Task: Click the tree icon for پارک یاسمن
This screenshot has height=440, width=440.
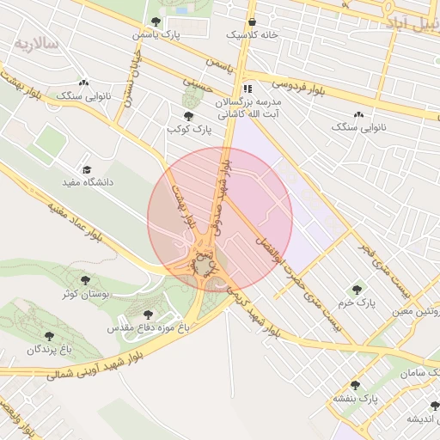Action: coord(156,21)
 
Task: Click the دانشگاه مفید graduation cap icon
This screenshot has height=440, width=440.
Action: coord(86,170)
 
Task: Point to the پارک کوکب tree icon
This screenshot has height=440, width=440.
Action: coord(188,116)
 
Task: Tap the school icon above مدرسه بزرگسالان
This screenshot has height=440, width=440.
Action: coord(247,89)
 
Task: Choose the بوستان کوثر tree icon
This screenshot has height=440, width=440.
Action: coord(84,280)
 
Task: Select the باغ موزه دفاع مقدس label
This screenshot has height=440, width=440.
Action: coord(141,328)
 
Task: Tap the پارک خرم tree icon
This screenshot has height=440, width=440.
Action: coord(357,290)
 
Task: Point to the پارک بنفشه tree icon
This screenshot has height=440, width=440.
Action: coord(355,386)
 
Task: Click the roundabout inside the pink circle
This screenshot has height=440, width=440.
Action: coord(201,266)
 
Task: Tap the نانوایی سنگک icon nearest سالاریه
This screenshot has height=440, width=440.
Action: coord(83,83)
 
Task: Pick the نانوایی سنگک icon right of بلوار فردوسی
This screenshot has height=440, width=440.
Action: coord(358,114)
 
